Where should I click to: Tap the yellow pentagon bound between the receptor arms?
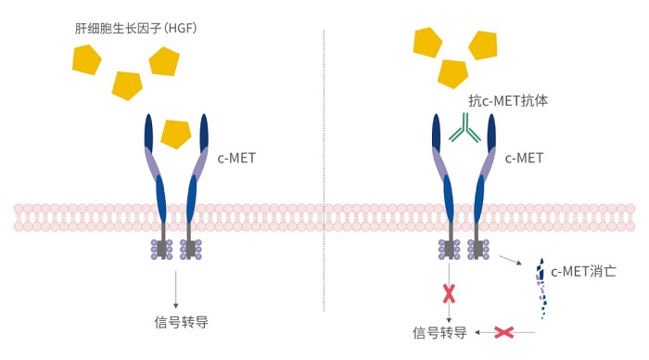[x=175, y=134]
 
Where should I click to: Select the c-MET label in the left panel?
[x=236, y=159]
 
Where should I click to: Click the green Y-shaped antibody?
[x=465, y=129]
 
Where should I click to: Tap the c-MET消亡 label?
[x=584, y=272]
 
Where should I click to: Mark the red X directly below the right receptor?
[x=450, y=294]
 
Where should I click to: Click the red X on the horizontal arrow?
[x=504, y=331]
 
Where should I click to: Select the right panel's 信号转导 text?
[x=439, y=331]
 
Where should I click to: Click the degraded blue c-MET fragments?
[x=541, y=288]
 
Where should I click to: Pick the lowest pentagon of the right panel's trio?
[x=453, y=72]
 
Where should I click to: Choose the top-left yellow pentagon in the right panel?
[x=426, y=42]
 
